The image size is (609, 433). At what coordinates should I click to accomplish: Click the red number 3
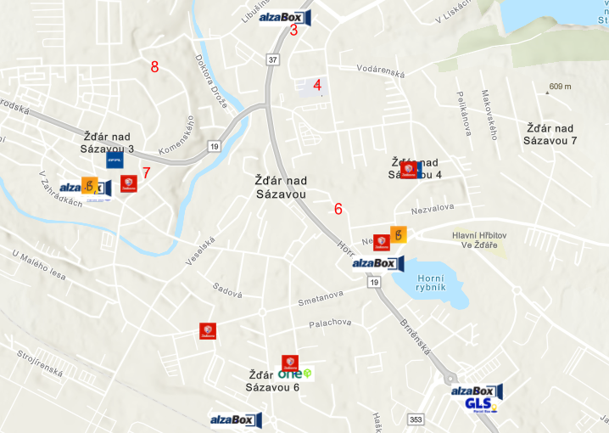pyautogui.click(x=294, y=30)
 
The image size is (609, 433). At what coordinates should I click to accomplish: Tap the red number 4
pyautogui.click(x=317, y=85)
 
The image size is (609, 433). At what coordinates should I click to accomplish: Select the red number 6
pyautogui.click(x=338, y=209)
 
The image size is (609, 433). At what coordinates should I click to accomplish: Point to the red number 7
pyautogui.click(x=146, y=173)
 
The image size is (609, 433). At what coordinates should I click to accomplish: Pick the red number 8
pyautogui.click(x=154, y=67)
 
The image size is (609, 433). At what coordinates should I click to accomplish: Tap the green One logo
pyautogui.click(x=295, y=374)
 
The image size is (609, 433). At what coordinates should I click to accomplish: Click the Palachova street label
pyautogui.click(x=330, y=323)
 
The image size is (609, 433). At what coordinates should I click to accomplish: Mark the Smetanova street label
pyautogui.click(x=321, y=301)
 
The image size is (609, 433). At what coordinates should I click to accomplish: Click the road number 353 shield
pyautogui.click(x=416, y=419)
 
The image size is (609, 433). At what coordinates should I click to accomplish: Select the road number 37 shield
pyautogui.click(x=272, y=59)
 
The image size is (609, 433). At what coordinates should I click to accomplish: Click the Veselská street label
pyautogui.click(x=202, y=251)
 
